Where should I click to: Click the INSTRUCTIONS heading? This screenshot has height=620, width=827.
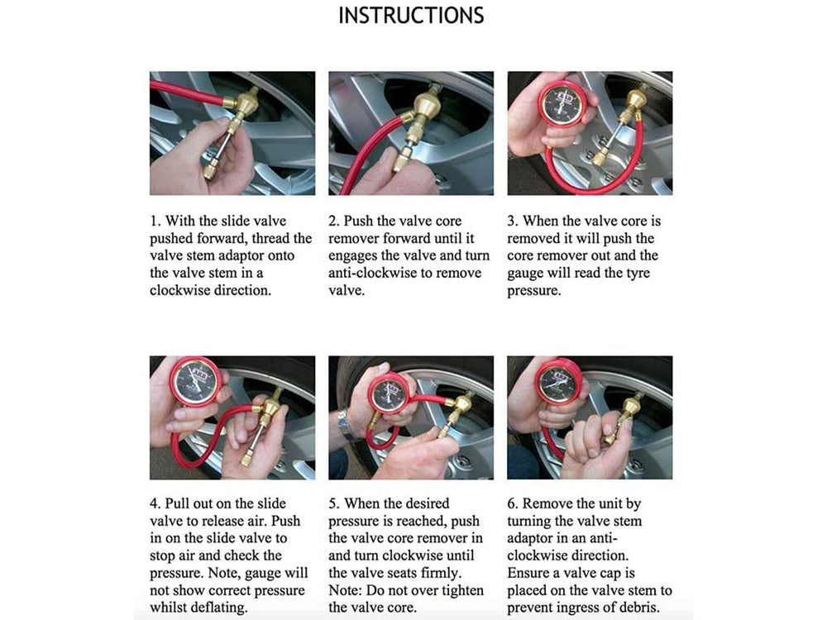(x=411, y=16)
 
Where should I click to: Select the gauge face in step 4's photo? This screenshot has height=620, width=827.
(x=195, y=381)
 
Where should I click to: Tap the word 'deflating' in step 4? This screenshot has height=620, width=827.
(x=218, y=608)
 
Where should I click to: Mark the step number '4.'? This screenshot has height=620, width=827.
(x=155, y=503)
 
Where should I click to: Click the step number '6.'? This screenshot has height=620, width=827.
(x=513, y=503)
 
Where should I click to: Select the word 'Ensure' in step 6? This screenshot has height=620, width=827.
(x=530, y=573)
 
